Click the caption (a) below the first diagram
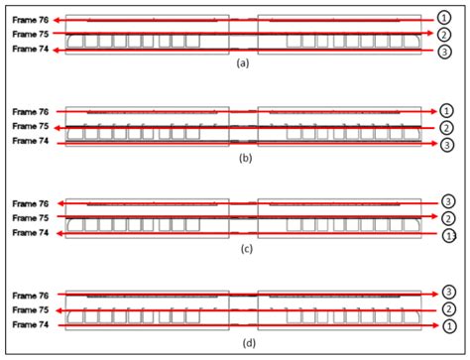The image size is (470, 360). coord(243,63)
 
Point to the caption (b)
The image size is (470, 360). coord(243,157)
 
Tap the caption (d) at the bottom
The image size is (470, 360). coord(243,342)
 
